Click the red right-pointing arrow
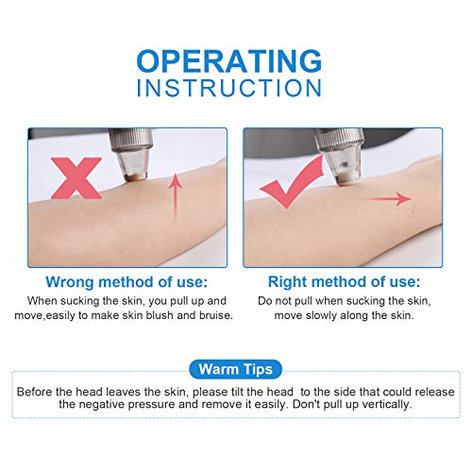387,199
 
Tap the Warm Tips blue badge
235,368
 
